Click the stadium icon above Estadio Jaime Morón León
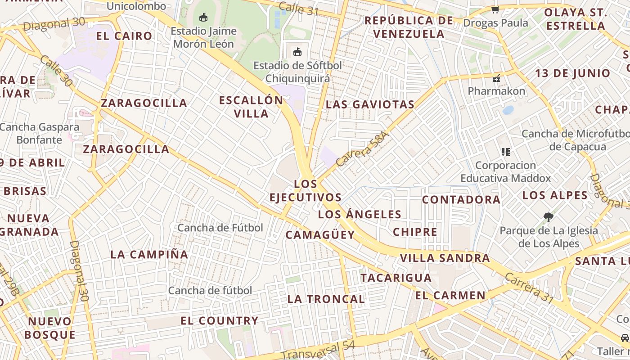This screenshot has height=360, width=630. click(x=203, y=18)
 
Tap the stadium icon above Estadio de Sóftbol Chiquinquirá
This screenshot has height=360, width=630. click(x=297, y=52)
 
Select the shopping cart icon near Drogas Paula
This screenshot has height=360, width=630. click(x=495, y=9)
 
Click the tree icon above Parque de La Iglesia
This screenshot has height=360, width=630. click(x=548, y=217)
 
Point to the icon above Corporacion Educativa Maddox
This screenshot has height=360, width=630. click(x=506, y=152)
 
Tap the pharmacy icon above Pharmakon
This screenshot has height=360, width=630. click(x=496, y=78)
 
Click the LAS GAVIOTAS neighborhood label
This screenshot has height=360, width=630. click(x=370, y=104)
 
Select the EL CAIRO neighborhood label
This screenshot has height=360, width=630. click(x=125, y=36)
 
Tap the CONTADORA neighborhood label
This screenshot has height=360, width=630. click(x=461, y=199)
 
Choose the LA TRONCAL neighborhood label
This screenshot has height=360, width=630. click(x=326, y=299)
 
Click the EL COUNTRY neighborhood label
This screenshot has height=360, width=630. click(x=219, y=321)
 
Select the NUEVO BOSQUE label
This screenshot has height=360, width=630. click(x=49, y=328)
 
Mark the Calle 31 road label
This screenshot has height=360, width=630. click(x=298, y=8)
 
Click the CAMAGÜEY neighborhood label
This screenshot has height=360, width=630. click(x=320, y=234)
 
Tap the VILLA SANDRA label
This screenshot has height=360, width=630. click(x=445, y=258)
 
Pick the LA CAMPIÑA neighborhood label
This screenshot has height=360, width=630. click(x=149, y=254)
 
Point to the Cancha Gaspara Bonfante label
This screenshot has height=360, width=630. click(x=40, y=133)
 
